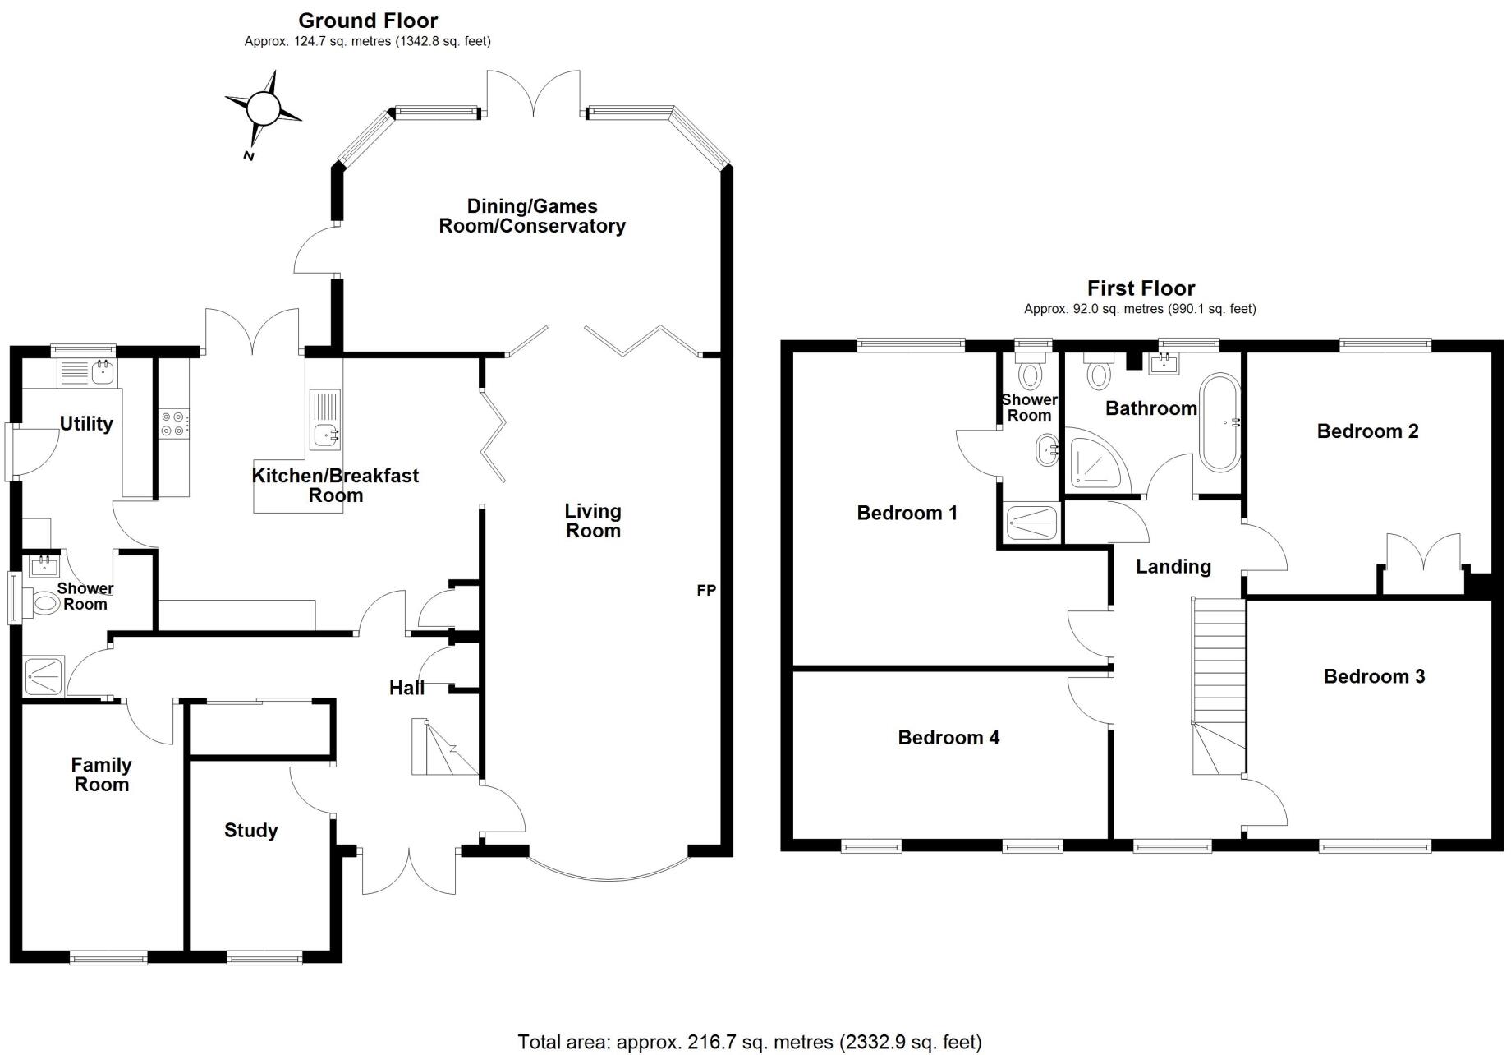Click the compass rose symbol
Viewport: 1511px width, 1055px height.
click(x=263, y=108)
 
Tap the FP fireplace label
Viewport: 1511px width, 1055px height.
click(x=706, y=590)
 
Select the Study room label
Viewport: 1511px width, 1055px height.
click(x=250, y=831)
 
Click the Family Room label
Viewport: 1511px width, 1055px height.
click(x=102, y=775)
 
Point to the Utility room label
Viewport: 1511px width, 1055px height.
click(x=86, y=424)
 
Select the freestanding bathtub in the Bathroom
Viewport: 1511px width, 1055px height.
click(x=1220, y=423)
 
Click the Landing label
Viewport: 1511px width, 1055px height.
click(x=1173, y=566)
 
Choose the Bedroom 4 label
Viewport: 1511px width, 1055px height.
click(x=948, y=738)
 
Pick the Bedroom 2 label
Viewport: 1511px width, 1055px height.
click(x=1367, y=431)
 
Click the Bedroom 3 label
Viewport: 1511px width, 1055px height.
click(x=1374, y=676)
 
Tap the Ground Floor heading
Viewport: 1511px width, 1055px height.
click(x=368, y=21)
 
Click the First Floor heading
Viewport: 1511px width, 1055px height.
click(x=1141, y=288)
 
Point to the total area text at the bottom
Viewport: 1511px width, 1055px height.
click(x=749, y=1042)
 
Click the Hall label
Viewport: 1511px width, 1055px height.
click(x=406, y=688)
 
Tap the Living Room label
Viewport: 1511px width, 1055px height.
click(x=593, y=521)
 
